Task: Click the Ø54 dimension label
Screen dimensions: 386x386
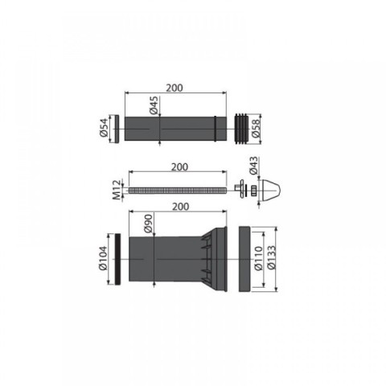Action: [x=105, y=128]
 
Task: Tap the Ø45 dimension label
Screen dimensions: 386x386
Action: [x=154, y=105]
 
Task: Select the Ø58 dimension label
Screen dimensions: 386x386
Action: [x=256, y=129]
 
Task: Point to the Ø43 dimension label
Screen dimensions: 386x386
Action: [x=253, y=166]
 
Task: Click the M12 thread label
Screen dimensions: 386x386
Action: [x=117, y=190]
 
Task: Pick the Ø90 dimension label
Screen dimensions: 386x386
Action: [x=148, y=224]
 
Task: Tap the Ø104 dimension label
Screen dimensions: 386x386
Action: [x=103, y=258]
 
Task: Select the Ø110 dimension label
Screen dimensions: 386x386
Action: [x=259, y=258]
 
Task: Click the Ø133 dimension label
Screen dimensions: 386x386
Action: [x=271, y=257]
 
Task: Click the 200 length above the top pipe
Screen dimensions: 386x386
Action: [x=175, y=88]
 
